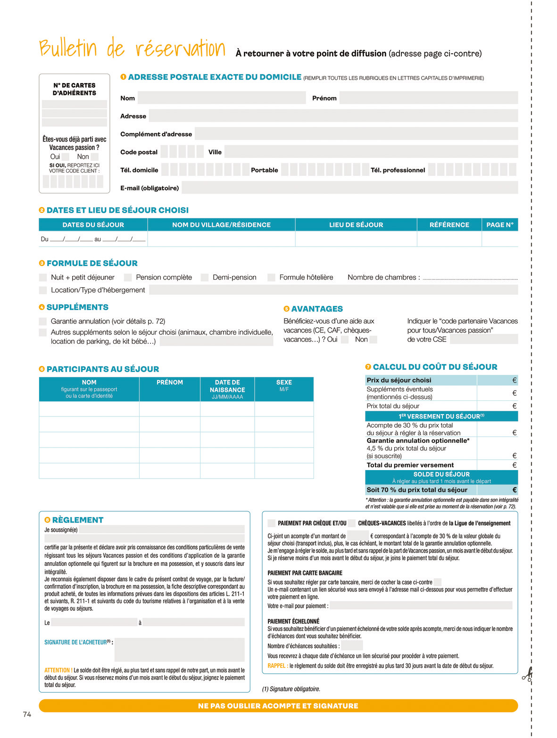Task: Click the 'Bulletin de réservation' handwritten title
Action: click(132, 49)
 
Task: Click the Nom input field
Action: click(222, 98)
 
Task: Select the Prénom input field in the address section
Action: click(428, 98)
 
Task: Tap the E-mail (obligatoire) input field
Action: click(349, 188)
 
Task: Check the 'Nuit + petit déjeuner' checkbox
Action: click(43, 277)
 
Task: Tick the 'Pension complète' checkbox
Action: click(128, 277)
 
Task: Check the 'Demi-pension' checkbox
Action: click(205, 277)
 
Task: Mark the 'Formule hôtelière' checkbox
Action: click(271, 277)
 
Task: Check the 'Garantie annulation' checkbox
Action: click(43, 321)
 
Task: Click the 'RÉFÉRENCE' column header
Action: click(449, 225)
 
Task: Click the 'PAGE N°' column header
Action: click(499, 225)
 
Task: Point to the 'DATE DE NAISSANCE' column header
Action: click(227, 389)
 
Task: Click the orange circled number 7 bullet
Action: click(368, 367)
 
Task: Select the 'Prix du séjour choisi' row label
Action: click(399, 380)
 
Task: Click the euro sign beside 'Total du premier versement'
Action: click(514, 465)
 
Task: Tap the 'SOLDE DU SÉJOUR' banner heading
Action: click(441, 474)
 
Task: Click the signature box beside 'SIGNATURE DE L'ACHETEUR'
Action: click(179, 649)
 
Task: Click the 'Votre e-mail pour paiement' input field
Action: click(421, 605)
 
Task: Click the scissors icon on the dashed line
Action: click(527, 675)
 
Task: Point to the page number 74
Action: click(27, 714)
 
